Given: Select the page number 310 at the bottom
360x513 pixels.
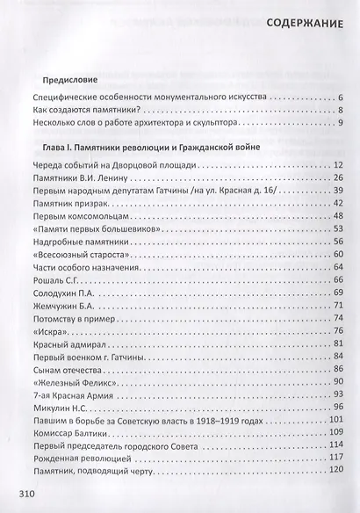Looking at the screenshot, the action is (21, 495).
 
